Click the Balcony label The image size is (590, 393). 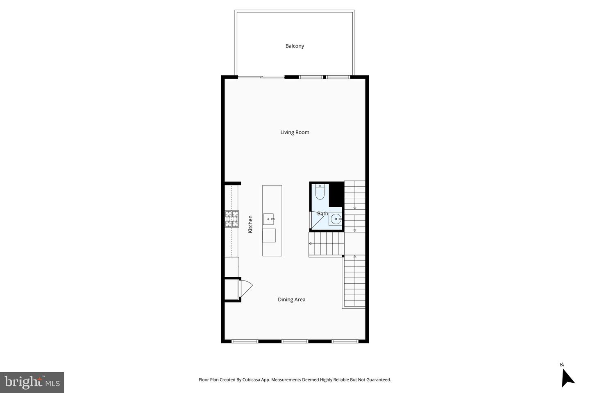[295, 46]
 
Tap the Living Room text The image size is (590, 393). [295, 132]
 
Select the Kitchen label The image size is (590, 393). [250, 224]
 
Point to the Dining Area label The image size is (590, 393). [291, 300]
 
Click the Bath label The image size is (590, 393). [322, 213]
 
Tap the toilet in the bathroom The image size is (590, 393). [320, 192]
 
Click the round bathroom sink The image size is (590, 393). [336, 219]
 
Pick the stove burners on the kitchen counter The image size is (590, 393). [231, 219]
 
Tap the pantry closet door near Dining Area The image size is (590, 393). [246, 288]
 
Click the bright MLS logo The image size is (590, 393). [32, 382]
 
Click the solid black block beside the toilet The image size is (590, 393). [336, 194]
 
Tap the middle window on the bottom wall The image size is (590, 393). [295, 341]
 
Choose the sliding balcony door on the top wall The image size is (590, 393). [261, 77]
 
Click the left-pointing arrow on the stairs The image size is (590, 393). [311, 244]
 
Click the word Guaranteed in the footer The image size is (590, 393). [377, 380]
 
